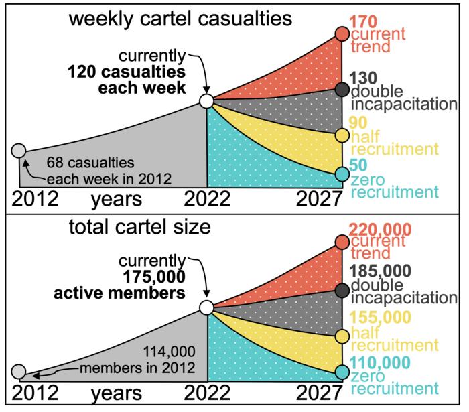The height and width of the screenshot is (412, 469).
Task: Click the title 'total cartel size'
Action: tap(139, 227)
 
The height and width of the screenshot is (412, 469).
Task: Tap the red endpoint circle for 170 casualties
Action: tap(342, 33)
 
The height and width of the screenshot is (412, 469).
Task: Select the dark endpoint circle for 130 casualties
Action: tap(342, 89)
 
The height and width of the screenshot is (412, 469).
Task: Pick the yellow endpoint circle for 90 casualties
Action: tap(342, 135)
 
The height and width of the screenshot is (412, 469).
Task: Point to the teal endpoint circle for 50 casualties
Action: tap(342, 174)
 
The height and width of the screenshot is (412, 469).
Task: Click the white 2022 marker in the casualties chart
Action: tap(207, 102)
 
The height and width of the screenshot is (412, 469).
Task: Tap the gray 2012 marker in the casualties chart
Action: tap(19, 150)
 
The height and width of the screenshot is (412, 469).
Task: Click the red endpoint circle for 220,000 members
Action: tap(342, 242)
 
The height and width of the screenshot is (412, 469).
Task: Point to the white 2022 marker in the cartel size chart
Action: tap(207, 307)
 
